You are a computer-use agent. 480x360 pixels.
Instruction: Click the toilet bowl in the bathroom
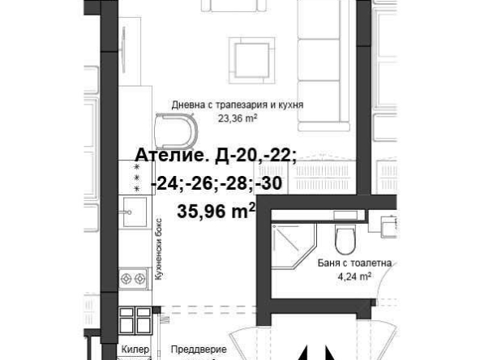[x=345, y=238]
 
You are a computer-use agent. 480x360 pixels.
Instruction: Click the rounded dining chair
[x=176, y=131]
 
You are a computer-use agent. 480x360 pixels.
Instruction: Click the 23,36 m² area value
[x=237, y=117]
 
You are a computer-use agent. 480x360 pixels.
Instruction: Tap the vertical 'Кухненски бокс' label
[x=160, y=251]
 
